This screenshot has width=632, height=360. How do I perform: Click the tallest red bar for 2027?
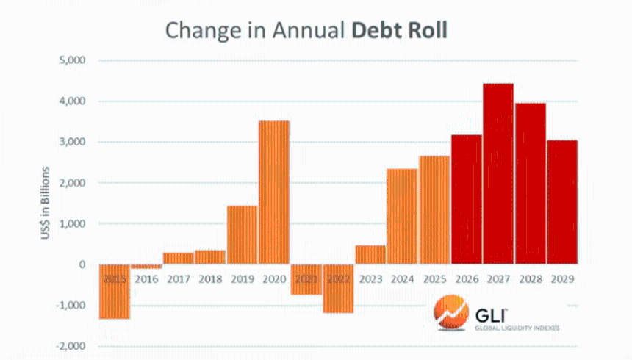coord(498,173)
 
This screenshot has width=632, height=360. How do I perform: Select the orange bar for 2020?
coord(274,192)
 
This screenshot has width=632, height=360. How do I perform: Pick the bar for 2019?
coord(242,234)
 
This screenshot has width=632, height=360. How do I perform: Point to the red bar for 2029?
coord(562,201)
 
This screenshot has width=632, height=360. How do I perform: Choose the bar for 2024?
coord(402,216)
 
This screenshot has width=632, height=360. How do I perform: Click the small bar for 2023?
coord(370,254)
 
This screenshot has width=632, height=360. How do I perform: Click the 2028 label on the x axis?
coord(530,279)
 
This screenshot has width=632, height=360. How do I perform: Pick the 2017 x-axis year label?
coord(178,279)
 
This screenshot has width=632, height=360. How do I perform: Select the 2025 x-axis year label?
coord(434,279)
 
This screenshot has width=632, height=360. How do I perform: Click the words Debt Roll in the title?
coord(400,30)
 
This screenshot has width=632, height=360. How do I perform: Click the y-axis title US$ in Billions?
coord(46,202)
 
